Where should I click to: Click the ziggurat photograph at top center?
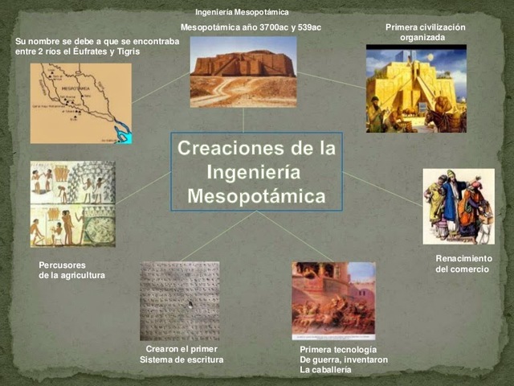(x=243, y=72)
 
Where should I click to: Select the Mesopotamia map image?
(x=80, y=103)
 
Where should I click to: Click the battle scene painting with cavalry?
(x=333, y=300)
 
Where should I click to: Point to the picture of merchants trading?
(x=459, y=206)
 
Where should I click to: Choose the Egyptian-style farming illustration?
(x=72, y=203)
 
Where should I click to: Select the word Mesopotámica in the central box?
(x=257, y=196)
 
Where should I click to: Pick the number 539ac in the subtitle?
(x=308, y=28)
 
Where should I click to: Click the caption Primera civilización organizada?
(x=425, y=32)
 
